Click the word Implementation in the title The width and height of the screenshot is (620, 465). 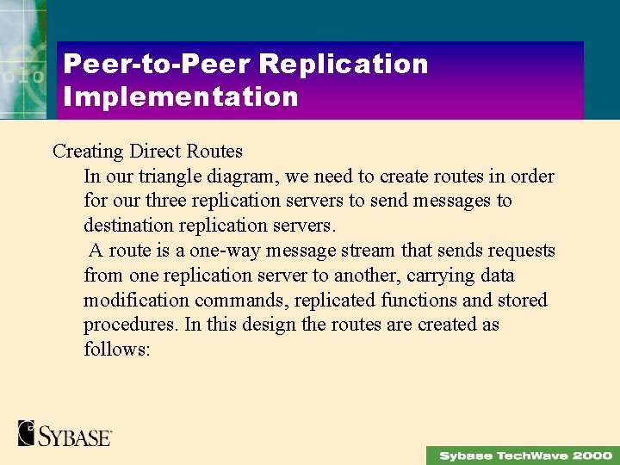pyautogui.click(x=181, y=96)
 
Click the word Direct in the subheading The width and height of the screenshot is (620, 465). pyautogui.click(x=156, y=152)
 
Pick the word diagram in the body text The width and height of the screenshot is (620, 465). pyautogui.click(x=246, y=177)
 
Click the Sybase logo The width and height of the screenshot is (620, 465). pyautogui.click(x=65, y=433)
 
